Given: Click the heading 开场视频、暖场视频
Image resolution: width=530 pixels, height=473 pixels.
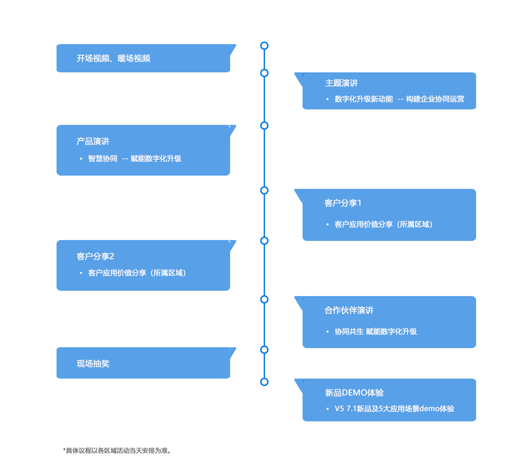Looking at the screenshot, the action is tap(113, 58).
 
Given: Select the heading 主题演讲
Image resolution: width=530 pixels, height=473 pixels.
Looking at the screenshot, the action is tap(341, 83).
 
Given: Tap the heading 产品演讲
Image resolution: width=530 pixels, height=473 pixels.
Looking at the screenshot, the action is tap(93, 141).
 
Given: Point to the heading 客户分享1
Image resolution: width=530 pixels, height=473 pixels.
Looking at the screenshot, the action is tap(343, 203).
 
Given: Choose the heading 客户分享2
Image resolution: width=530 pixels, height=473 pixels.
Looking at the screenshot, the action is tap(95, 256).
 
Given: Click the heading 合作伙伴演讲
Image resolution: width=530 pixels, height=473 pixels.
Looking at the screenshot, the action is tap(349, 310).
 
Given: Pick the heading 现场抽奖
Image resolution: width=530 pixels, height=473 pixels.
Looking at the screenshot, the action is tap(93, 364).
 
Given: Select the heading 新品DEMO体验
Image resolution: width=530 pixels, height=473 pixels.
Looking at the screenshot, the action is tap(354, 393).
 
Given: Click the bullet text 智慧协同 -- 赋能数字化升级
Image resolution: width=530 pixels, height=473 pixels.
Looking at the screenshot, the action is tap(135, 158).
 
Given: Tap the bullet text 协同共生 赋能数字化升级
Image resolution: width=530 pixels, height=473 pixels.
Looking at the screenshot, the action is tap(376, 331).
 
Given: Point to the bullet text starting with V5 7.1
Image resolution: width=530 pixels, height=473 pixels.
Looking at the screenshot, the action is tap(394, 409).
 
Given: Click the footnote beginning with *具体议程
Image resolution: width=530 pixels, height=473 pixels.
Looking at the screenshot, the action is tap(117, 450).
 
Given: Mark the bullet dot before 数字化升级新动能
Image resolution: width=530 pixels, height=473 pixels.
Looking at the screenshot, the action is tap(327, 99).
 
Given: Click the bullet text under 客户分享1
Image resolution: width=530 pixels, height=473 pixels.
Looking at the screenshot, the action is tap(383, 224).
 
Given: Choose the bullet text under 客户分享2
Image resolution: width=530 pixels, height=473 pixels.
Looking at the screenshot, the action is tap(137, 273).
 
